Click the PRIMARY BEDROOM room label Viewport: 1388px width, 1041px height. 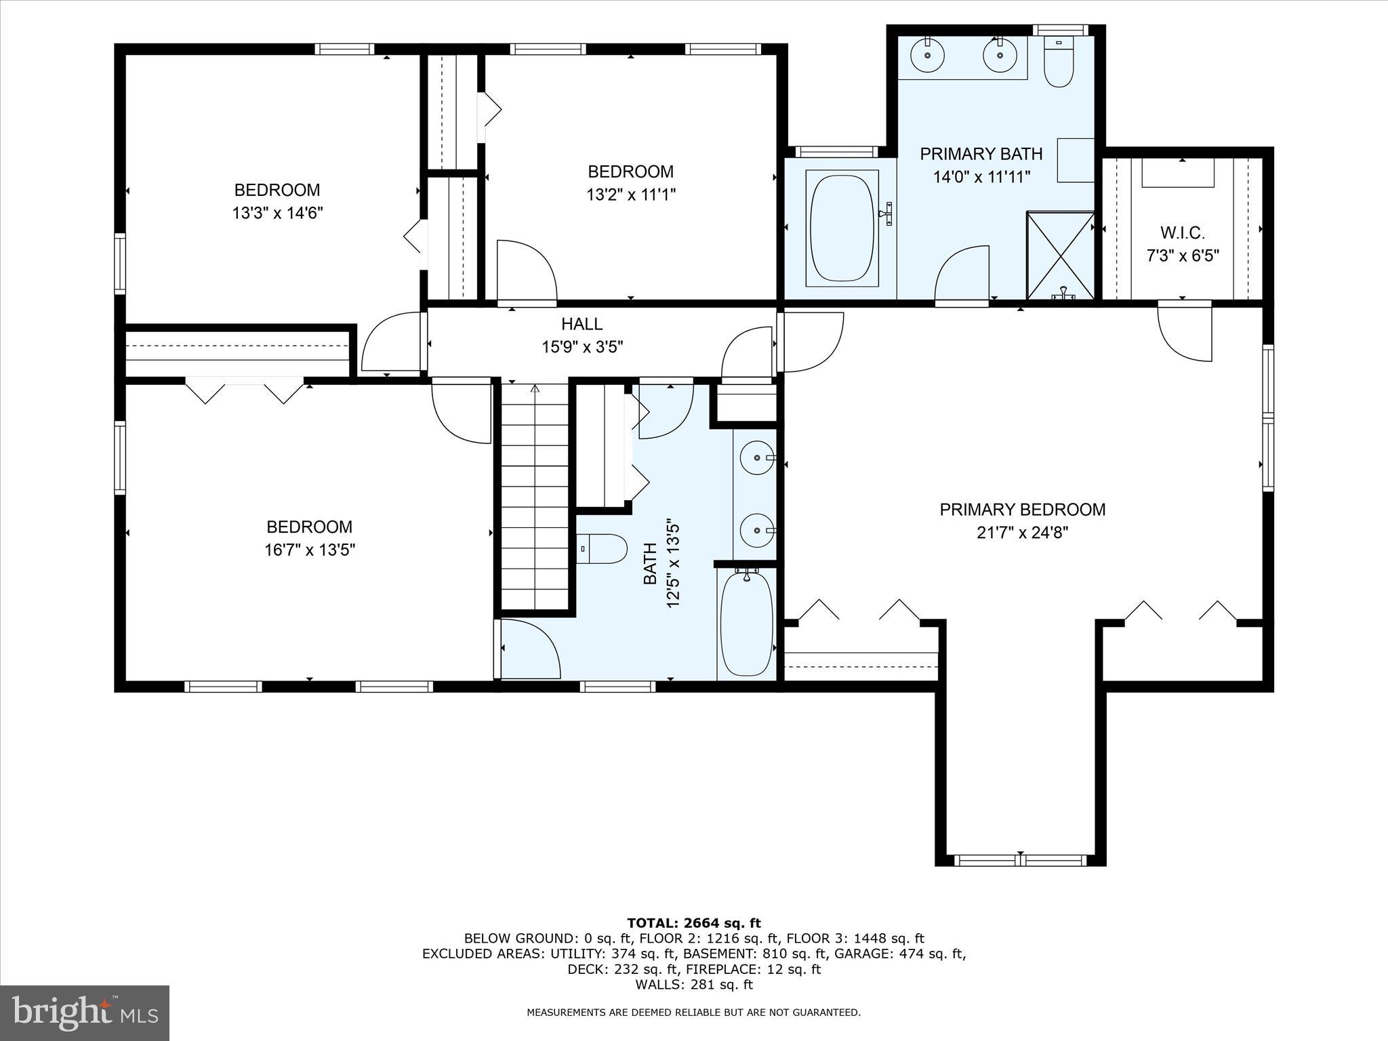point(1022,509)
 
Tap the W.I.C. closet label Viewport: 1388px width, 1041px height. point(1182,233)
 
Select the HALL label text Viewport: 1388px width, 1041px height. point(581,324)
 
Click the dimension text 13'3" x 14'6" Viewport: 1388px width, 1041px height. point(277,213)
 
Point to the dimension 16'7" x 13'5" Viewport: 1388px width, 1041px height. point(310,550)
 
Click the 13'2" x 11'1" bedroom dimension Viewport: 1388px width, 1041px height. point(631,195)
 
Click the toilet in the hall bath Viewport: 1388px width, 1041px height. point(603,548)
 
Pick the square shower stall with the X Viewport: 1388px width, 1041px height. point(1061,255)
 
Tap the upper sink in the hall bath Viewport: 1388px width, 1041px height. point(756,457)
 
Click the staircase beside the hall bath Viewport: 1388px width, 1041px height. point(535,498)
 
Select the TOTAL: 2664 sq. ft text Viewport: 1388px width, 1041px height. point(694,923)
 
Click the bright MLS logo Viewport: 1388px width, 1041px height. point(85,1013)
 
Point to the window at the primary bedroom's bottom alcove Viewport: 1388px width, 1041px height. point(1021,861)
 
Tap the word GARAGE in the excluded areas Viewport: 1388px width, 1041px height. point(863,954)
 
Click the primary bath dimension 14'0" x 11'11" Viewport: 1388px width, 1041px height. point(981,177)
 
